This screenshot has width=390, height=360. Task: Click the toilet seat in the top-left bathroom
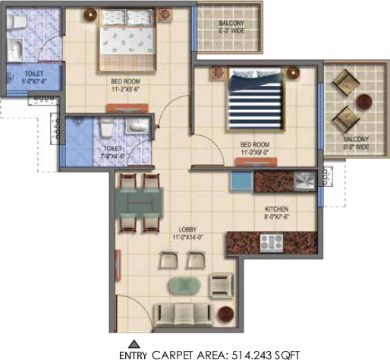tap(17, 49)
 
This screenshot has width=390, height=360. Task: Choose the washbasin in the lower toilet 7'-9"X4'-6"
tap(137, 126)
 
